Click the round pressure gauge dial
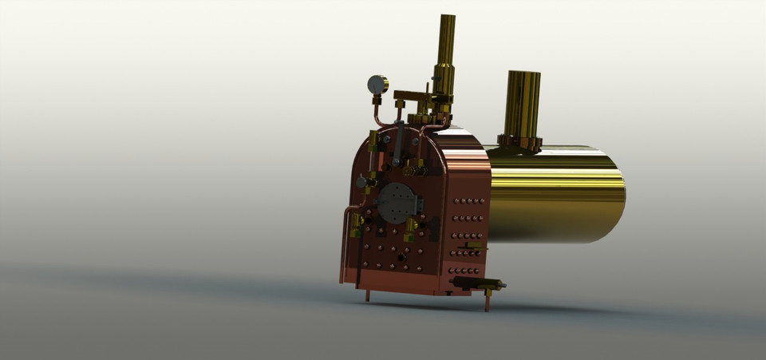pyautogui.click(x=377, y=84)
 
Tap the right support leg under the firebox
pyautogui.click(x=488, y=300)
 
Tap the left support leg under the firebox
pyautogui.click(x=367, y=295)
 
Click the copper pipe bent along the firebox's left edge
pyautogui.click(x=345, y=239)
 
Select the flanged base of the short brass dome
pyautogui.click(x=520, y=144)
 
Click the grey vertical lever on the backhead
pyautogui.click(x=397, y=144)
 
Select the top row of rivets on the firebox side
pyautogui.click(x=468, y=200)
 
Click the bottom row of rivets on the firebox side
pyautogui.click(x=465, y=271)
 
